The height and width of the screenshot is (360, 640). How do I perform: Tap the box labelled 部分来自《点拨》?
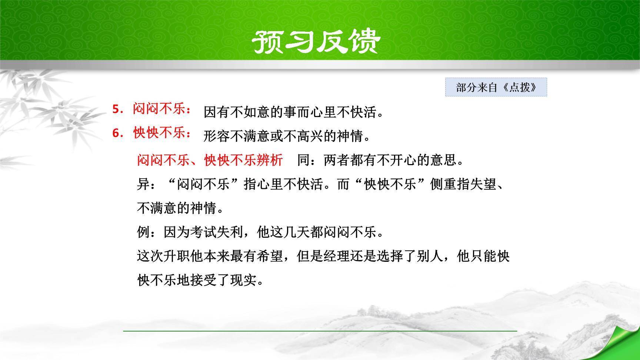496,88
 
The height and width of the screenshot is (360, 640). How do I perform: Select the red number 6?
117,133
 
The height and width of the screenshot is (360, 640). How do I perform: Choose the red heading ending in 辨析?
210,160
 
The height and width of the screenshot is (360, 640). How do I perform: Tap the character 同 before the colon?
303,160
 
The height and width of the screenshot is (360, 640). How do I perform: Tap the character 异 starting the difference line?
143,184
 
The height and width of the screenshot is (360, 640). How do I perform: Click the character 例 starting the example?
143,232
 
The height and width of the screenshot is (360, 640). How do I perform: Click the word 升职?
177,256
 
